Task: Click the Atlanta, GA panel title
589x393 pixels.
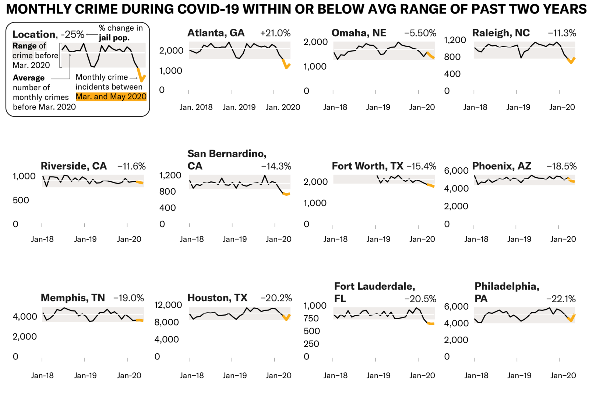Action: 216,33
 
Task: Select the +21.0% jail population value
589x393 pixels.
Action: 275,33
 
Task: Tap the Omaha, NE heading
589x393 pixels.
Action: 359,33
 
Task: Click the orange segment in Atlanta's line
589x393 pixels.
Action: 286,64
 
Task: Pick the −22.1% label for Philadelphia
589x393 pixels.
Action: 561,299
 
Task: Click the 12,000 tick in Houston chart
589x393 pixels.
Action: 168,305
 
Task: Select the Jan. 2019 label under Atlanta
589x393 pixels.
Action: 239,107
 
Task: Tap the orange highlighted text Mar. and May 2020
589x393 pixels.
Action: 111,97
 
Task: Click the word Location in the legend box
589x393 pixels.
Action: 33,35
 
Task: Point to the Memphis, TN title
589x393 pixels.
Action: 73,298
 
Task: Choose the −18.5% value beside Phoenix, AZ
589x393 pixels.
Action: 561,166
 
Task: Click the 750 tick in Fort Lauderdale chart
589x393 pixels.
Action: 311,318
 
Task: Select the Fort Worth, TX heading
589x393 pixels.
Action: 367,166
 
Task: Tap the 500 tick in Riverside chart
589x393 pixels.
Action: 21,200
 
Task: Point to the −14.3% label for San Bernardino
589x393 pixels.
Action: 276,166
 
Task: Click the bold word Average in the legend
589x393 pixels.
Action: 29,78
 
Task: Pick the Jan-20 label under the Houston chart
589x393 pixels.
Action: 278,376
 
